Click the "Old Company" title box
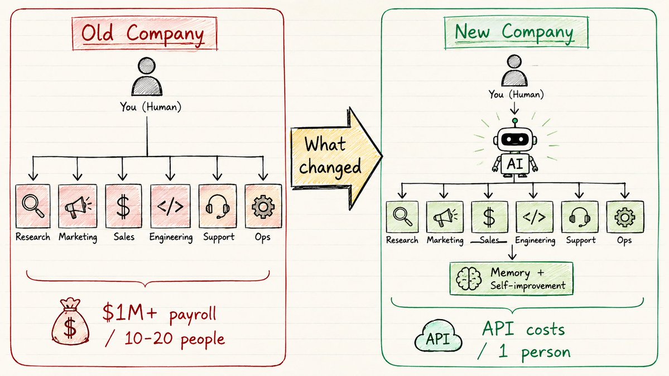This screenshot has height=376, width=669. tap(145, 33)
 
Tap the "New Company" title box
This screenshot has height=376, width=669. tap(516, 32)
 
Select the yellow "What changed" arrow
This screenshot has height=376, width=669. tap(336, 158)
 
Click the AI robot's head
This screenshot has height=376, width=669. tap(515, 139)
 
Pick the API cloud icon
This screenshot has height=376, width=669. tap(438, 336)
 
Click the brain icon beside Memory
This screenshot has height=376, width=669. tap(469, 279)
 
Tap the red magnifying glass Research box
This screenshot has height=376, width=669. tap(33, 206)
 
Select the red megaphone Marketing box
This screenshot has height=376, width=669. tap(78, 206)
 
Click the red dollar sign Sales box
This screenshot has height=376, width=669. tap(123, 206)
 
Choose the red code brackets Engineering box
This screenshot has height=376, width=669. tap(170, 206)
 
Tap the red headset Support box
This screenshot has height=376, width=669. tap(218, 206)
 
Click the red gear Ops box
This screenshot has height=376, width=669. tap(263, 206)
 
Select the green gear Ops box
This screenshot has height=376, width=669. tap(624, 217)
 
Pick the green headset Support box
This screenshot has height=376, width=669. tap(579, 217)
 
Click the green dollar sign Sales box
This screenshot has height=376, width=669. tap(489, 217)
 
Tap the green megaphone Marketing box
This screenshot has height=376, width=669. tap(445, 217)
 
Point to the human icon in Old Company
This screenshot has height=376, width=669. tap(147, 77)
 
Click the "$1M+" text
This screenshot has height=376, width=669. tap(129, 312)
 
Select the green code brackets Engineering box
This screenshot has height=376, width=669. tap(534, 217)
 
